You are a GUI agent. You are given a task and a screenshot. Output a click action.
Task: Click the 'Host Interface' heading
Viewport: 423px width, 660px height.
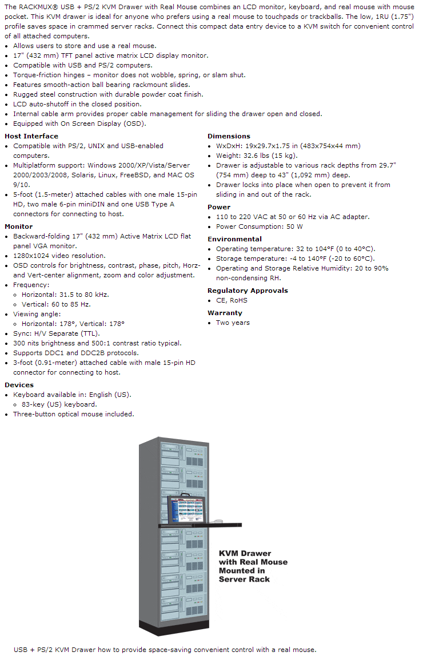(x=31, y=136)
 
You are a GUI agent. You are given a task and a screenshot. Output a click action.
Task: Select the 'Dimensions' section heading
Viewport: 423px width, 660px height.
(x=229, y=136)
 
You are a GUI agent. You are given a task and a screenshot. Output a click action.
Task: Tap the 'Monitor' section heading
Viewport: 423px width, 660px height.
(x=19, y=226)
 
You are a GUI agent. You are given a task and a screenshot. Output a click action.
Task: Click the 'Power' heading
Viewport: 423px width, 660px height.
(x=219, y=207)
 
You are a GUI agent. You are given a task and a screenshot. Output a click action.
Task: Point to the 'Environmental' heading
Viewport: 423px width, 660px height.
(x=234, y=239)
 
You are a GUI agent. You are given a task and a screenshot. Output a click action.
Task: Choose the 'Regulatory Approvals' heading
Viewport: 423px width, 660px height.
(x=248, y=291)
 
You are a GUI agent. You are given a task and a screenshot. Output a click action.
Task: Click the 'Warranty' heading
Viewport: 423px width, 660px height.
(x=225, y=313)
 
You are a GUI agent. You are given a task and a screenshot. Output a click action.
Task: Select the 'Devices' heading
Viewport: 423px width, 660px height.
(x=19, y=385)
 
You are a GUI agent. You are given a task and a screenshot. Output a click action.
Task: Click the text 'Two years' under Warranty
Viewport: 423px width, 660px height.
(x=233, y=323)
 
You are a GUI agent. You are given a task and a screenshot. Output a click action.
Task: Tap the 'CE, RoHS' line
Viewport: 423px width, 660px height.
(x=232, y=300)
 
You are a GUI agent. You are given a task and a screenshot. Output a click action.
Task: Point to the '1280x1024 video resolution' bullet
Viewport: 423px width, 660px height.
(x=59, y=256)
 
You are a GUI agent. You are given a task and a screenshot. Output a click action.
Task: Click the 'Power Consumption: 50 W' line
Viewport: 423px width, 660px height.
(x=260, y=226)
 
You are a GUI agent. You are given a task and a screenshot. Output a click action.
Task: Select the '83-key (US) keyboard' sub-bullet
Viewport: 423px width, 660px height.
(x=59, y=404)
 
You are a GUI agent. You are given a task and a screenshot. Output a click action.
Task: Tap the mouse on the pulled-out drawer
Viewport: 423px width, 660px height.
(x=218, y=520)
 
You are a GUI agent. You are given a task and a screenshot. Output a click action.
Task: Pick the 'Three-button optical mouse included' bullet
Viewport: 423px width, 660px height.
(x=74, y=414)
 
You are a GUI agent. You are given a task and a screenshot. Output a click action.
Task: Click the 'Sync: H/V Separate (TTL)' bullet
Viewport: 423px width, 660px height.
(x=56, y=333)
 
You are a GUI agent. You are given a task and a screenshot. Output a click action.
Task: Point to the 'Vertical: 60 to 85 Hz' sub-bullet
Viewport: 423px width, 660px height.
(x=56, y=304)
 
